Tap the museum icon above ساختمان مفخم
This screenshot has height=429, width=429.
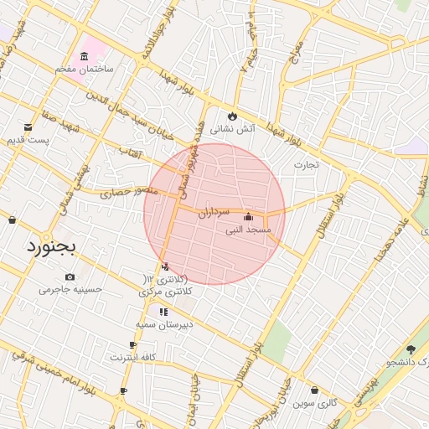click(84, 56)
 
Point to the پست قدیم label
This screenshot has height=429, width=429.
click(28, 139)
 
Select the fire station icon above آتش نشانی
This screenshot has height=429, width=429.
click(232, 116)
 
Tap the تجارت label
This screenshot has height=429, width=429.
click(306, 164)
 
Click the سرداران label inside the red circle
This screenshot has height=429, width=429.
click(214, 213)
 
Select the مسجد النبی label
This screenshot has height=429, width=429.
click(246, 230)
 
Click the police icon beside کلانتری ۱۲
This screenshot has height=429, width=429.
click(164, 267)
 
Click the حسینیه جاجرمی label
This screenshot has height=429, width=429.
click(70, 290)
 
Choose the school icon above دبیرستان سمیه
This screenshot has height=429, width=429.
click(163, 312)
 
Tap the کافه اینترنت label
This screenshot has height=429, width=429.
click(132, 357)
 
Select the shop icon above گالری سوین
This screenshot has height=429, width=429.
click(314, 390)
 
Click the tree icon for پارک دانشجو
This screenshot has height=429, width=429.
click(410, 349)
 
